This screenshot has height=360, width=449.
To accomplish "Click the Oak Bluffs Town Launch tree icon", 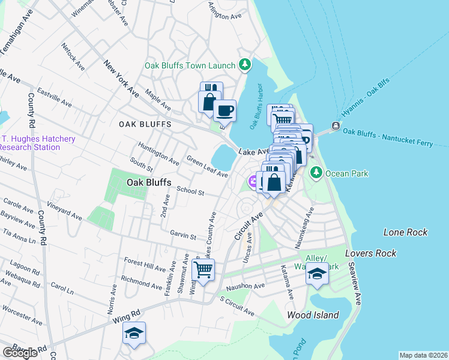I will point(244,64).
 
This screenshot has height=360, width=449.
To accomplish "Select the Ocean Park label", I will point(346,173).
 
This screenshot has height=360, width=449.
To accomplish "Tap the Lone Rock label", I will point(405,232).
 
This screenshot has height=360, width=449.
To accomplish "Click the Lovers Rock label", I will point(371,253).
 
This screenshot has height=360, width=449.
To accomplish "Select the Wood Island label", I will point(313,314).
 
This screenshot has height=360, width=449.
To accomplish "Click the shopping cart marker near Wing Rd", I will point(203,271).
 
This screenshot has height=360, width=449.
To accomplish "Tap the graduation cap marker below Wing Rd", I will point(134,333).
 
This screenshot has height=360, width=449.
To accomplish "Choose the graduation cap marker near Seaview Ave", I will point(316,275).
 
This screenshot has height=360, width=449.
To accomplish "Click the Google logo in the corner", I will point(20,352).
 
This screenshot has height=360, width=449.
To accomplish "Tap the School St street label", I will point(191,192).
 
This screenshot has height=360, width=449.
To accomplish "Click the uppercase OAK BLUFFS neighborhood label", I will point(145,124).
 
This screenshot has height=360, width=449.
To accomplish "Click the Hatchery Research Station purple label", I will point(38,143).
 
